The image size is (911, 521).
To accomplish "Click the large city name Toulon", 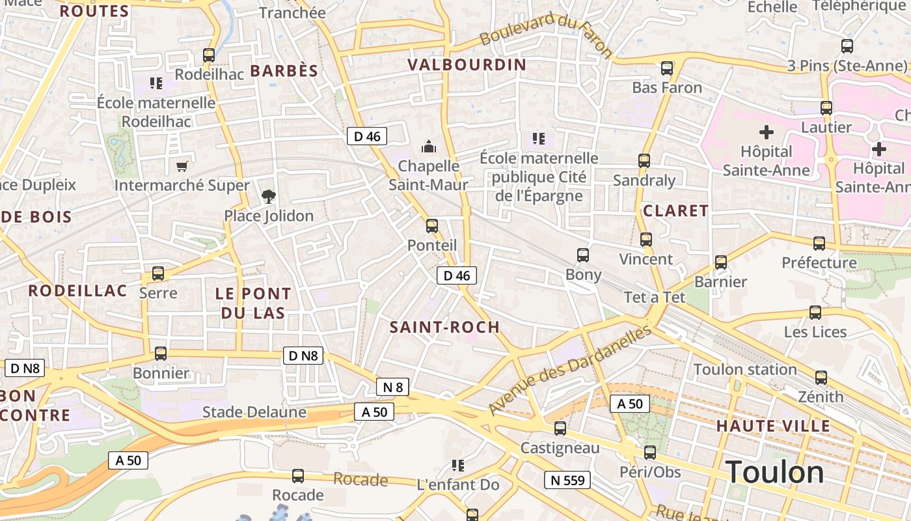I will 774,472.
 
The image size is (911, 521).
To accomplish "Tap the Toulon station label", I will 745,369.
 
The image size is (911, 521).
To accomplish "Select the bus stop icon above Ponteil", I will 431,226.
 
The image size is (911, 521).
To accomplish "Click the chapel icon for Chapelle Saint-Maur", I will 429,146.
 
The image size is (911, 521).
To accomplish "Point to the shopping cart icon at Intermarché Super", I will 182,167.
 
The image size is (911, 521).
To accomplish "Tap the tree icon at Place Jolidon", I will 268,196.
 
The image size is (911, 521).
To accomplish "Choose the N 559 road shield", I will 567,481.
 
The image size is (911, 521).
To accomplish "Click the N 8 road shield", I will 393,387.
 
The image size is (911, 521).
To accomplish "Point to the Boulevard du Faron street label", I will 547,33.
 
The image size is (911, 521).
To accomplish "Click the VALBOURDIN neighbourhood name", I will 467,64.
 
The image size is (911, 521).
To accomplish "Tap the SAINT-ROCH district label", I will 444,327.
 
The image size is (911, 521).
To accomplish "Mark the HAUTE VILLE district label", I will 773,427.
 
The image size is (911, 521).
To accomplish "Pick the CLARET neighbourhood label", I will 675,210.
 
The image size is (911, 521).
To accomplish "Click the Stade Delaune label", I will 254,412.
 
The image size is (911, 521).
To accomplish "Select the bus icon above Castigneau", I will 560,429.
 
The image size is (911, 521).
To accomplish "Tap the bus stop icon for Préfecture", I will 819,244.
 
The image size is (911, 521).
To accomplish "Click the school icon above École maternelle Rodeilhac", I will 156,83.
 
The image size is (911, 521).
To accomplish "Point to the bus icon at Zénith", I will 821,378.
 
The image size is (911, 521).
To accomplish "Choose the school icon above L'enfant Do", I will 458,466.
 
